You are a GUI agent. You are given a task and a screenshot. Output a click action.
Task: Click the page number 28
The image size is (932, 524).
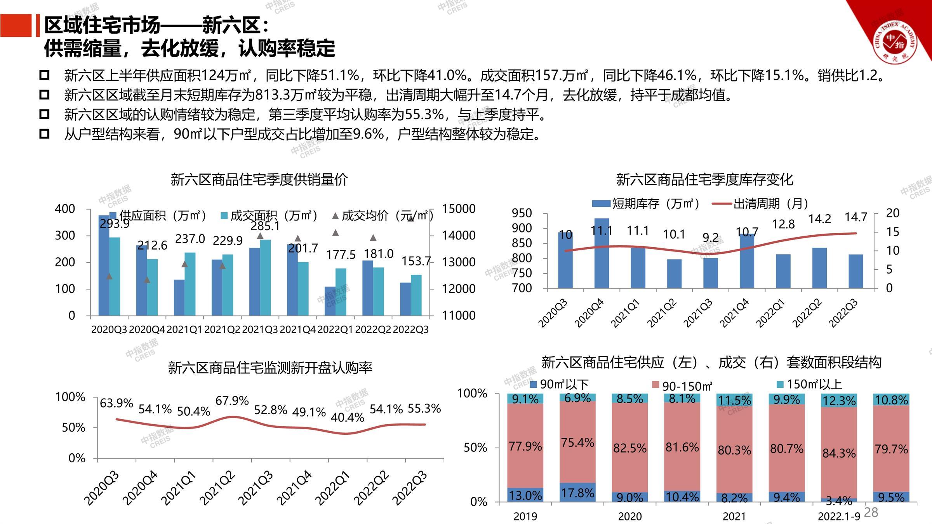(x=871, y=512)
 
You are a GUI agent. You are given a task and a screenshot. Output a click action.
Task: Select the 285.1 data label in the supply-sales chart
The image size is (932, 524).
(x=265, y=226)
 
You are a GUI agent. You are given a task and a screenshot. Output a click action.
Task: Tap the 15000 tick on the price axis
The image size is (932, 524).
(x=458, y=209)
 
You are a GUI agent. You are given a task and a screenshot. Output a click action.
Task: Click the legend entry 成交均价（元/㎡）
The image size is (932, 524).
(x=383, y=216)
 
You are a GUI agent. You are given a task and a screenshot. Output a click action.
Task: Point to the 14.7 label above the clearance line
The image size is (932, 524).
(x=856, y=217)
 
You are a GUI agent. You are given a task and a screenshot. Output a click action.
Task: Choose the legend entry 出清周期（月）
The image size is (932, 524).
(x=761, y=203)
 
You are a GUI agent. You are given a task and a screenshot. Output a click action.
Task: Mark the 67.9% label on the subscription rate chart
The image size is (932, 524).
(x=232, y=401)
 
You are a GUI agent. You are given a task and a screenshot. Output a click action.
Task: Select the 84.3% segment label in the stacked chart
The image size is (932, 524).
(x=839, y=453)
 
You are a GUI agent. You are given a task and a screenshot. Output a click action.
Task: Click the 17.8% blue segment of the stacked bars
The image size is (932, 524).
(x=577, y=493)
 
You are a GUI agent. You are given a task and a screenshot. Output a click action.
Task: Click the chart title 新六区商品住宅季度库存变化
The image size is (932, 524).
(x=704, y=179)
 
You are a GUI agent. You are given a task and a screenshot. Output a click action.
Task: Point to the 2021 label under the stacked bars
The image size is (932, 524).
(x=734, y=517)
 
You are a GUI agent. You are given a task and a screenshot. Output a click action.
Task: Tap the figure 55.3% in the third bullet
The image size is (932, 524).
(x=424, y=115)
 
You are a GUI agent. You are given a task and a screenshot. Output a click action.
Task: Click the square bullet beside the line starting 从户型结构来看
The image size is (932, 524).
(x=44, y=134)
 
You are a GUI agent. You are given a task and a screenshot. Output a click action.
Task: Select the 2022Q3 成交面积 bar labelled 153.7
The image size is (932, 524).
(x=416, y=295)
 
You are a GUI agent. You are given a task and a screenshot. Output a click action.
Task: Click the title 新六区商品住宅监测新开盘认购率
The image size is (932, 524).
(x=270, y=367)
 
